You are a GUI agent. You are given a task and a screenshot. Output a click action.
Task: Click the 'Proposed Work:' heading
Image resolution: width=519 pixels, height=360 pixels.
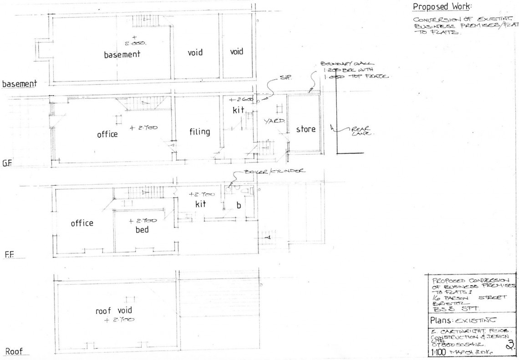pos(442,7)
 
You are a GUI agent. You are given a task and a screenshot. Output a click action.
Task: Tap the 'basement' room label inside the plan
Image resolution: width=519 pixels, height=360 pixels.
pos(122,55)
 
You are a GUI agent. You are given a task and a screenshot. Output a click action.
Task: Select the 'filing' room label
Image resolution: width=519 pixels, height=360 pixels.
pos(200,132)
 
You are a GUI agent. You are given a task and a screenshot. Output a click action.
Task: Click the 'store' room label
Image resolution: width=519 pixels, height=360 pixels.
pos(305,129)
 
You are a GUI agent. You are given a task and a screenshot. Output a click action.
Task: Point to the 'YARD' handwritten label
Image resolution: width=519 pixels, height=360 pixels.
pos(274,122)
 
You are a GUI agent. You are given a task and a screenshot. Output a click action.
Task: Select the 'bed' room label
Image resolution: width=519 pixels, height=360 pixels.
pos(142,229)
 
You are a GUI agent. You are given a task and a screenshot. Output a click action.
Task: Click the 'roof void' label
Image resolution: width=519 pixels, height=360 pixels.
pos(113,312)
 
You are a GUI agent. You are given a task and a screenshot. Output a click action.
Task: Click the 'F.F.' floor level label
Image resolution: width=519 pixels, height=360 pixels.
pos(10,255)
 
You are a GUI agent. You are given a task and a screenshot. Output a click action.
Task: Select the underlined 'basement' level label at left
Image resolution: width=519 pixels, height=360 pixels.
pos(19,84)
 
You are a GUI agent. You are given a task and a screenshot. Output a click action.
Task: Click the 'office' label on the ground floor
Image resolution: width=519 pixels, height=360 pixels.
pos(107,135)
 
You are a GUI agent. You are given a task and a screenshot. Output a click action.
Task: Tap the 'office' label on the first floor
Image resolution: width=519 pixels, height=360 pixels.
pos(82,223)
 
